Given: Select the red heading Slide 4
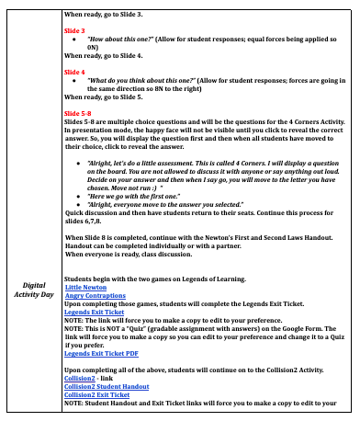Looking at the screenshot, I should click(76, 70).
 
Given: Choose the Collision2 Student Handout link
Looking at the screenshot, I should click(107, 386).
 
